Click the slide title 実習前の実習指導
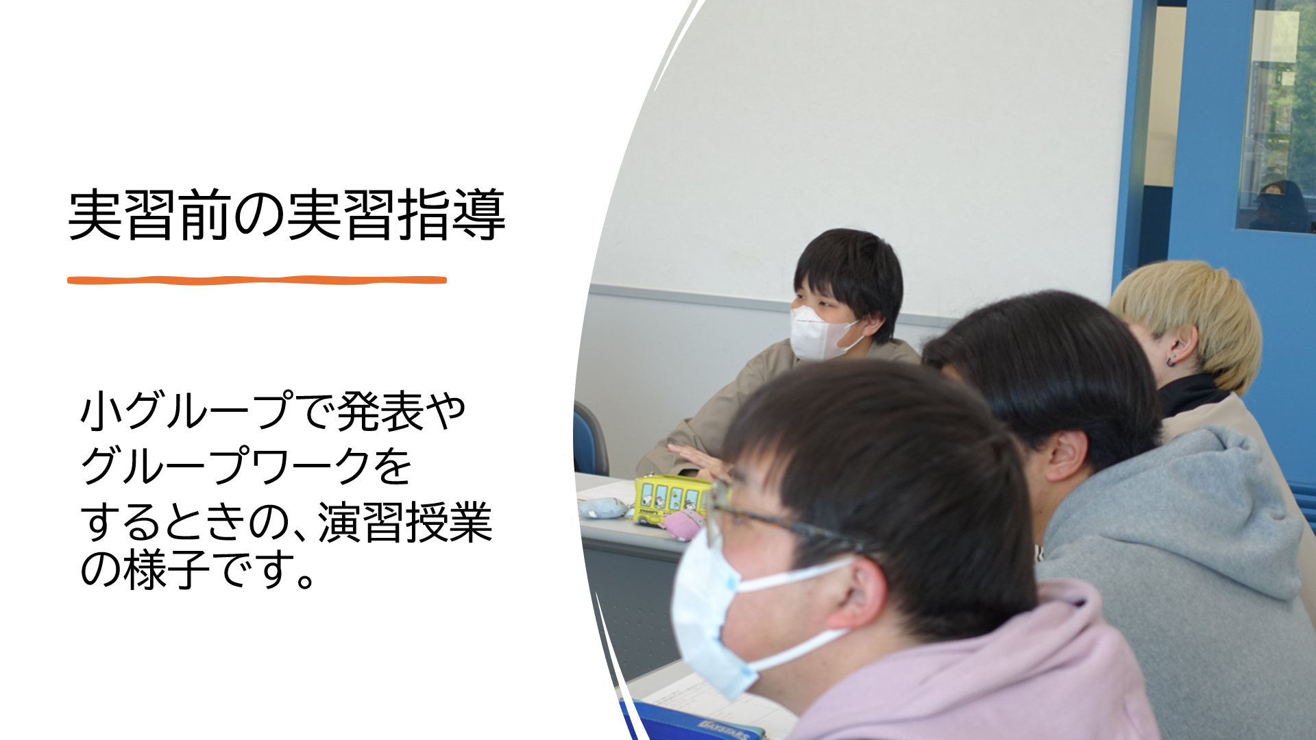pos(287,215)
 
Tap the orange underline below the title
pos(257,280)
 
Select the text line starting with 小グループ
pos(273,411)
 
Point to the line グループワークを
pos(246,466)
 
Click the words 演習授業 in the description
pos(405,522)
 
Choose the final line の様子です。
pos(198,570)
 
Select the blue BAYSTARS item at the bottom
pos(692,723)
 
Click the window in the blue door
pos(1277,116)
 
